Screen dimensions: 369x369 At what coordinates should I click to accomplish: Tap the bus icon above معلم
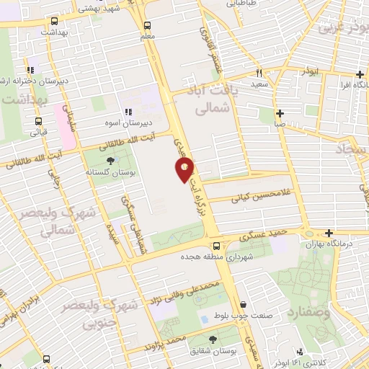tap(147, 24)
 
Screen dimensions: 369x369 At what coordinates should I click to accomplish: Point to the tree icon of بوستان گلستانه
tap(110, 161)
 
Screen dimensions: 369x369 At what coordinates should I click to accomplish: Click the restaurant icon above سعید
tap(259, 72)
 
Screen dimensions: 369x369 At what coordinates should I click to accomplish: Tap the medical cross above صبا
tap(280, 112)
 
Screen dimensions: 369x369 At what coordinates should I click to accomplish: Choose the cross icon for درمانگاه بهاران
tap(329, 233)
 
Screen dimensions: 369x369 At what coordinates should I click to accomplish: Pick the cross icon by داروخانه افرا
tap(359, 75)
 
